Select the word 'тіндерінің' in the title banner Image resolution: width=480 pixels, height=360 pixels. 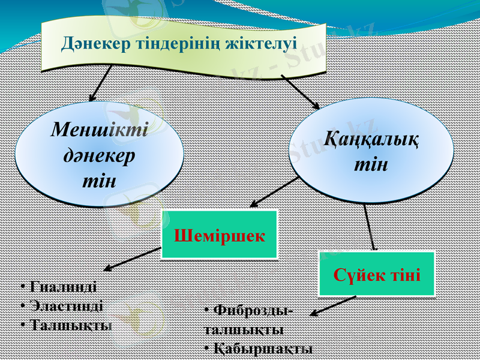pyautogui.click(x=179, y=43)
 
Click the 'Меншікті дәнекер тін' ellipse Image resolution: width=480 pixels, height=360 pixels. pyautogui.click(x=99, y=154)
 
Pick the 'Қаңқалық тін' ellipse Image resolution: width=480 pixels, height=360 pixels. pyautogui.click(x=371, y=151)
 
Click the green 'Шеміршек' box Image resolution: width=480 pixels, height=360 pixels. pyautogui.click(x=220, y=234)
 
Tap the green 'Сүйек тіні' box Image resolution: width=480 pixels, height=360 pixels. pyautogui.click(x=376, y=274)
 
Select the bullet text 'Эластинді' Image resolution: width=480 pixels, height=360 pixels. pyautogui.click(x=61, y=305)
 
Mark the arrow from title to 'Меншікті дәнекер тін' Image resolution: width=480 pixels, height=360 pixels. pyautogui.click(x=100, y=83)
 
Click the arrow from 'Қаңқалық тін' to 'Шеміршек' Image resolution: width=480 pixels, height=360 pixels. pyautogui.click(x=273, y=193)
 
